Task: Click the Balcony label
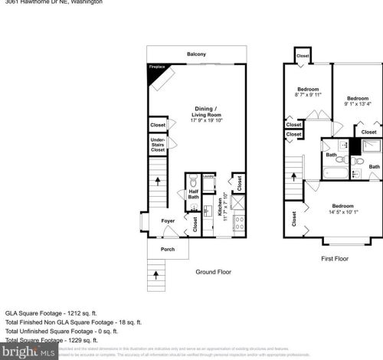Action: click(196, 54)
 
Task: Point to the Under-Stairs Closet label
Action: click(158, 146)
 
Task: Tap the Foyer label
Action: click(168, 221)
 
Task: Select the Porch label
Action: click(167, 248)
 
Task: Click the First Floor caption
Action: click(334, 258)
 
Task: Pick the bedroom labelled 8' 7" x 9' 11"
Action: click(309, 93)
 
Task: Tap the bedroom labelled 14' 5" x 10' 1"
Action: click(342, 208)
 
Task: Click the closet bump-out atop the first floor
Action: click(303, 56)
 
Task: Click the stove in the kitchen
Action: click(238, 221)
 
